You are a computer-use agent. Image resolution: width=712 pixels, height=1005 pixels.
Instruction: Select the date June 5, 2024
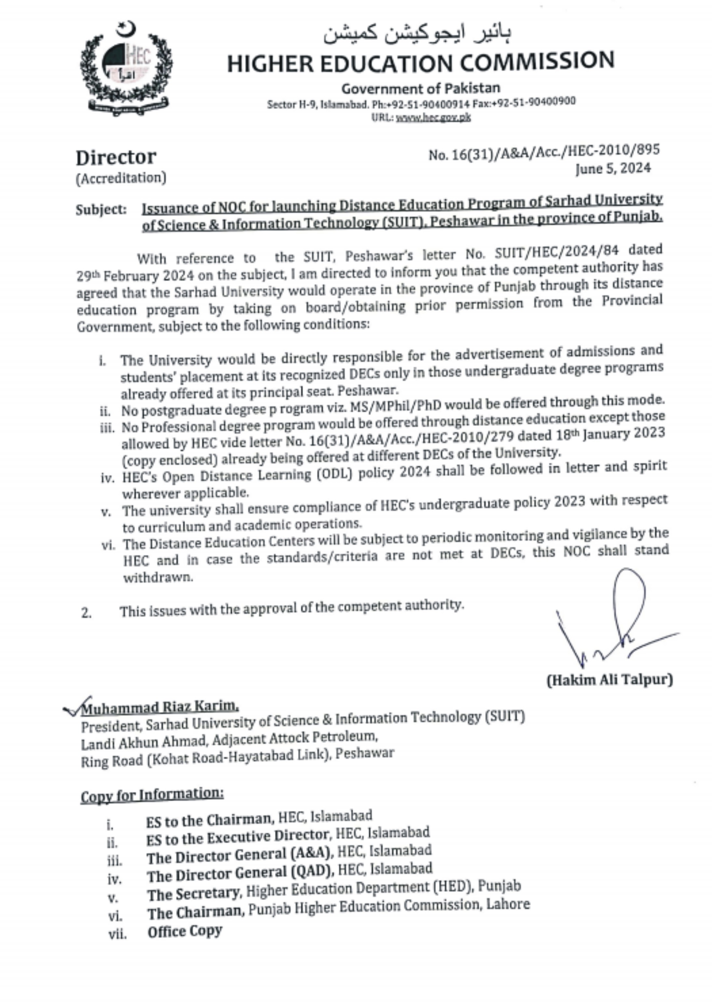point(613,168)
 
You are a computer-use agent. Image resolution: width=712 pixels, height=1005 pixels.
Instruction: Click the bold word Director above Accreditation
point(116,157)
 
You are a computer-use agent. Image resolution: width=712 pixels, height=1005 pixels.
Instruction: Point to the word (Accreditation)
point(121,178)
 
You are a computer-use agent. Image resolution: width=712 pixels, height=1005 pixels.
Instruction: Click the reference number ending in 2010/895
point(544,152)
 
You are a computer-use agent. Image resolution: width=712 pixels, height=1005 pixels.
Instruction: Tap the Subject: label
point(101,210)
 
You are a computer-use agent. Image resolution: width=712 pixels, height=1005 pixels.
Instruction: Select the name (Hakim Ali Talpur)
point(609,680)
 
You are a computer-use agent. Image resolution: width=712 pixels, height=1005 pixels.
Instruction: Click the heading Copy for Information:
point(152,794)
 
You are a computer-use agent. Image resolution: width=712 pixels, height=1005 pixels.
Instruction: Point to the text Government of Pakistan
point(420,88)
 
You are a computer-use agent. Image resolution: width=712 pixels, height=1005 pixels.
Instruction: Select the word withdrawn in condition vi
point(158,577)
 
